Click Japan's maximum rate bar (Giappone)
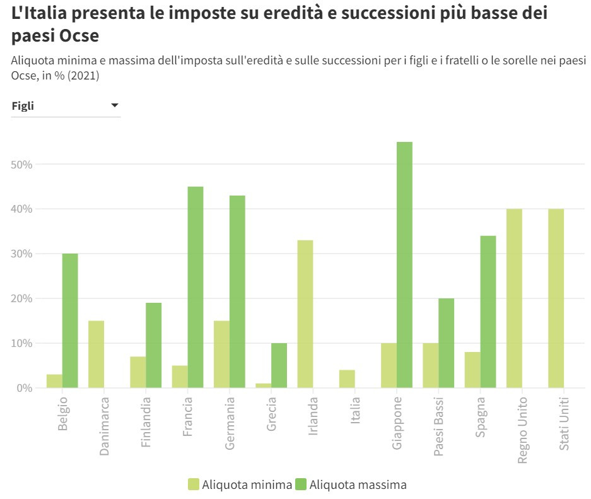click(404, 265)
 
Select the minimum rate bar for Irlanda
click(305, 314)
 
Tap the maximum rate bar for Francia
click(196, 287)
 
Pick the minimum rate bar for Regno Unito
click(514, 298)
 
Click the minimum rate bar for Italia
click(347, 379)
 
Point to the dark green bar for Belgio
click(70, 320)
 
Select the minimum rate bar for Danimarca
click(96, 354)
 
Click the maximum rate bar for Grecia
click(279, 365)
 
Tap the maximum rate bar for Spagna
click(488, 312)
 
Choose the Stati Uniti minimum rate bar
click(556, 298)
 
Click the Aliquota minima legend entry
click(240, 484)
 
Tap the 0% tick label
click(24, 388)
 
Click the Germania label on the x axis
click(230, 422)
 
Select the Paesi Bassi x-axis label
click(439, 426)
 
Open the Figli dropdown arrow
click(115, 105)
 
